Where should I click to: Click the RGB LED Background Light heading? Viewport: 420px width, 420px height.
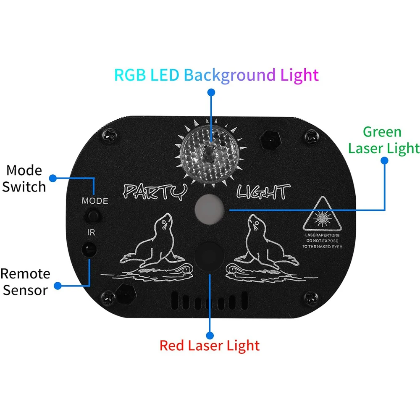click(x=216, y=75)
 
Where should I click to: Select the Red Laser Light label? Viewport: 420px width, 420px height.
click(x=210, y=346)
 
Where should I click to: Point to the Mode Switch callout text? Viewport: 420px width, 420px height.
click(x=24, y=178)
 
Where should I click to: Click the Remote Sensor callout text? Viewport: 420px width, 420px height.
click(x=25, y=281)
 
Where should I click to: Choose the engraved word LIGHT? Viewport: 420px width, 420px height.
click(x=262, y=192)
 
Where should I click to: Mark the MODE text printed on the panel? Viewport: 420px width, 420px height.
click(x=94, y=201)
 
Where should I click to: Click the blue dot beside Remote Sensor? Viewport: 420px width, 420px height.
click(x=58, y=286)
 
